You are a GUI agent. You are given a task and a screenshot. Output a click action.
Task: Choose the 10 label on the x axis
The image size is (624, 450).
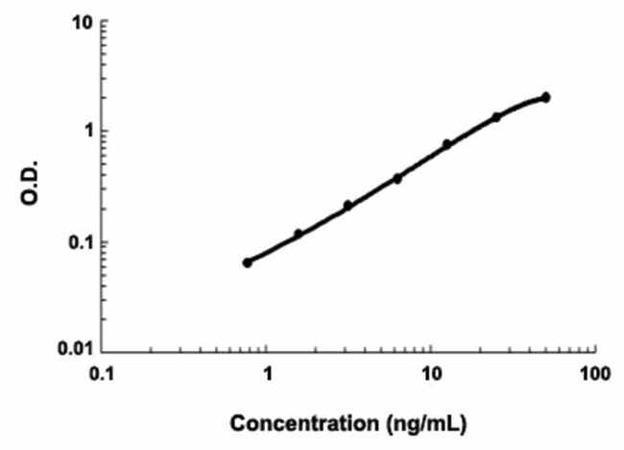tap(432, 372)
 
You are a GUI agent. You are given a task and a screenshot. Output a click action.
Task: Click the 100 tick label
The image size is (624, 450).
tap(595, 372)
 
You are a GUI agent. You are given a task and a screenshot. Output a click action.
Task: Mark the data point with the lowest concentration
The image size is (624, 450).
tap(247, 262)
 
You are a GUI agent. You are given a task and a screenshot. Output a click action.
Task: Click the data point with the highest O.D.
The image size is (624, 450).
tap(545, 97)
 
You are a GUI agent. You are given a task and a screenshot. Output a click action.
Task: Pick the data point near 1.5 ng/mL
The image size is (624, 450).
tap(298, 234)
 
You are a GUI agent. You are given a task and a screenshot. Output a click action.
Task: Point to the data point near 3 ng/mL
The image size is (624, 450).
tap(348, 205)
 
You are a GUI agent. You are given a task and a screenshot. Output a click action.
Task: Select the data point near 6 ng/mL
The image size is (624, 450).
tap(397, 178)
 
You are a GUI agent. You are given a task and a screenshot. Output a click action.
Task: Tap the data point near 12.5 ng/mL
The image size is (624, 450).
tap(446, 144)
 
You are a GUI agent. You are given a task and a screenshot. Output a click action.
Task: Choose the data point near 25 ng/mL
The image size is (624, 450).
tap(496, 117)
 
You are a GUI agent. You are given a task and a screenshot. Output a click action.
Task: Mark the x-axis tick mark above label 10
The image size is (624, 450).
tap(432, 345)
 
